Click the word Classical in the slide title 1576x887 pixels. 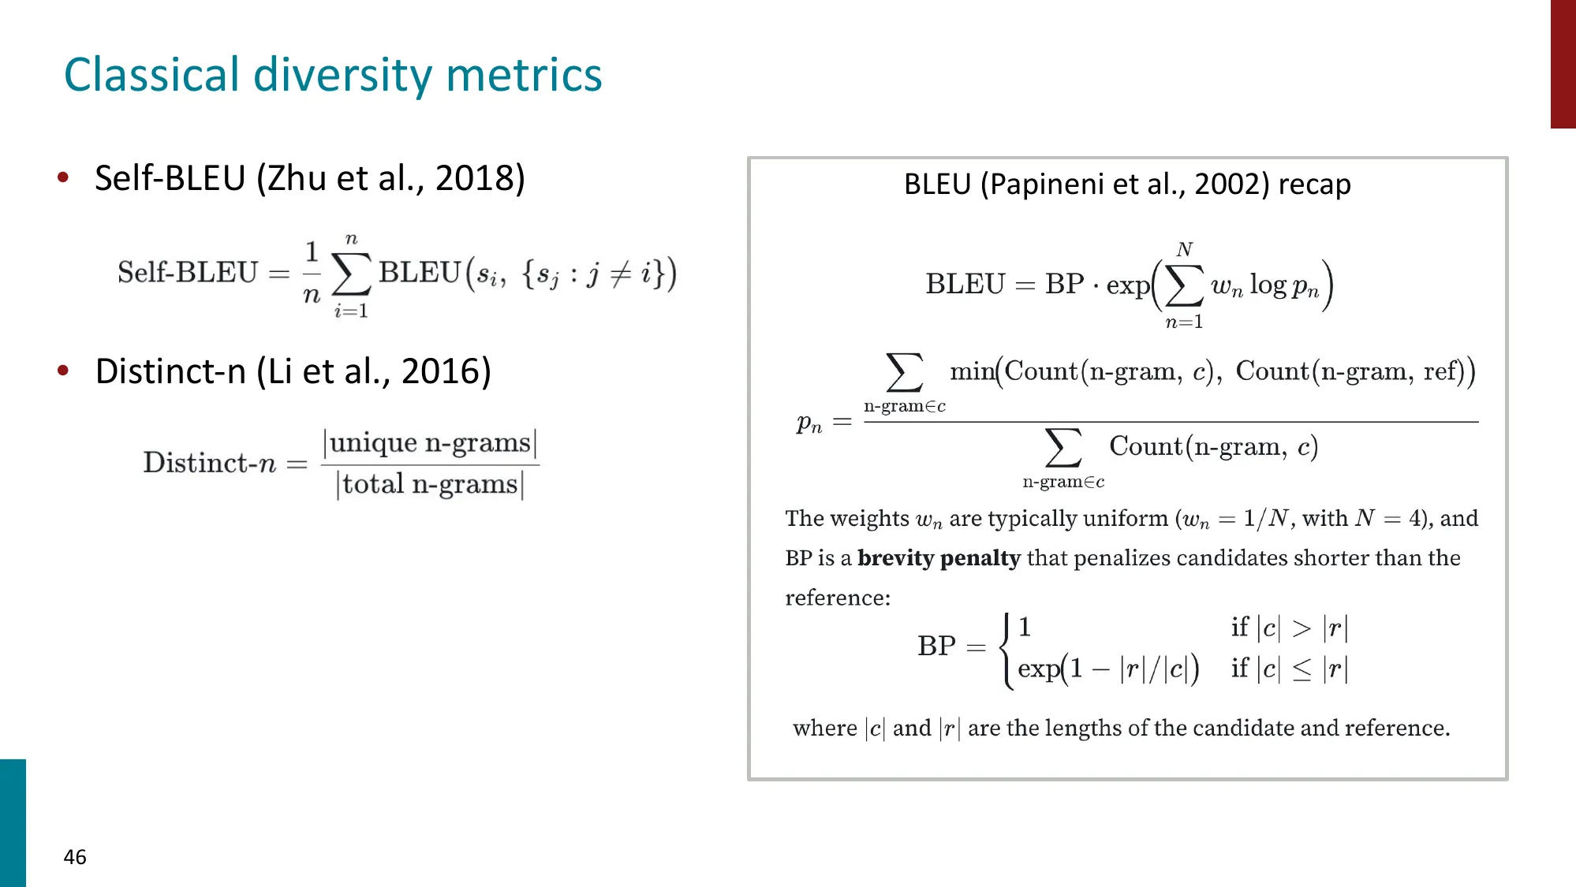pos(151,75)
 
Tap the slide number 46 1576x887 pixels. pos(75,857)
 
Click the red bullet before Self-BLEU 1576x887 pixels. pos(63,177)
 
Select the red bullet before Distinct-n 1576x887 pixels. pos(63,370)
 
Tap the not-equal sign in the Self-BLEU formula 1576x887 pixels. pos(621,274)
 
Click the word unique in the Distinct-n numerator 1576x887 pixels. pos(373,443)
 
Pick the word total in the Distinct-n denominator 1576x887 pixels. pos(373,484)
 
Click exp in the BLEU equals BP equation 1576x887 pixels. pos(1127,285)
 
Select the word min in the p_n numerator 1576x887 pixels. pos(971,371)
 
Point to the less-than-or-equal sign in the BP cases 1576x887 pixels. pos(1302,670)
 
